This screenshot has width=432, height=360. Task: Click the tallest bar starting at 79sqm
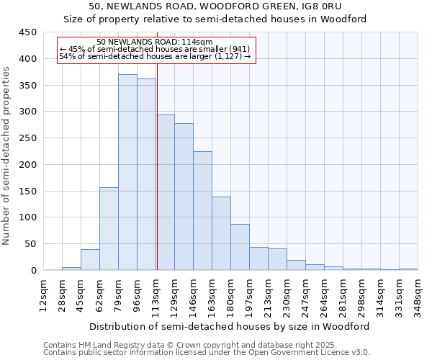[x=127, y=173]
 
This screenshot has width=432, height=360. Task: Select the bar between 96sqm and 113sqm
[x=146, y=175]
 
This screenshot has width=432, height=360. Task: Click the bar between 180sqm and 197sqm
[x=240, y=247]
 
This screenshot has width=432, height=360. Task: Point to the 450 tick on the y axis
[x=28, y=32]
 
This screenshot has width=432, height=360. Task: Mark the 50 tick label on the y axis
[x=31, y=244]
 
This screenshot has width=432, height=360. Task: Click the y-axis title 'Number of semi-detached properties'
[x=7, y=156]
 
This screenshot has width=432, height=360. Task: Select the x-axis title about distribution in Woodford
[x=230, y=326]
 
